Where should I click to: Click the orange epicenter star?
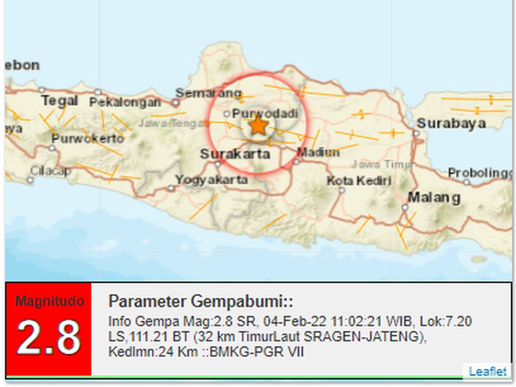pos(258,126)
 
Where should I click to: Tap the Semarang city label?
pos(209,93)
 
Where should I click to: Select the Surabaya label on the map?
pos(451,124)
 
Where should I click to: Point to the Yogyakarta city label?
pos(211,180)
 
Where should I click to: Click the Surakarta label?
pos(235,154)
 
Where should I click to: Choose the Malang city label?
pos(434,198)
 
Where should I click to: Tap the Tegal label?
pos(59,101)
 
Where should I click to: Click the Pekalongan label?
pos(125,102)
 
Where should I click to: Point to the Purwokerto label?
pos(87,139)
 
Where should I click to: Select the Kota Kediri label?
pos(359,181)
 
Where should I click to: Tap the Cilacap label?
pos(50,170)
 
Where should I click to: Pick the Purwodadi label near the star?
pos(264,114)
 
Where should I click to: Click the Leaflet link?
pos(488,372)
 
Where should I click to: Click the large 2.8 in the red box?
pos(48,337)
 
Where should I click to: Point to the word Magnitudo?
pos(49,301)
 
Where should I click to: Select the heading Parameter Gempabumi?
pos(200,301)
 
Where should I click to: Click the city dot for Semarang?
pos(175,103)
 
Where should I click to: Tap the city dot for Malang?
pos(405,207)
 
